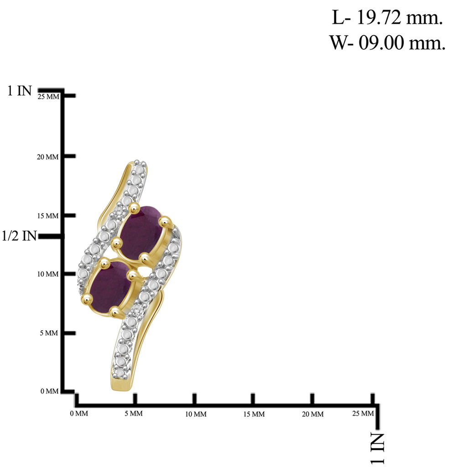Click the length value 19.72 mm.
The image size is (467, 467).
[400, 18]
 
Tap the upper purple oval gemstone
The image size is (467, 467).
[142, 232]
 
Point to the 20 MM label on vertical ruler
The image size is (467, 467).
[47, 157]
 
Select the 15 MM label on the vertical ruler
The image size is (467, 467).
[47, 216]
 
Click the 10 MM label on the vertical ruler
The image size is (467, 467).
[47, 274]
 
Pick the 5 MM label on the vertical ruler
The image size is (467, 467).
[49, 332]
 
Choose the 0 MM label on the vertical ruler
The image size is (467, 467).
[49, 391]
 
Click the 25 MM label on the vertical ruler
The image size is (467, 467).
[48, 97]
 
